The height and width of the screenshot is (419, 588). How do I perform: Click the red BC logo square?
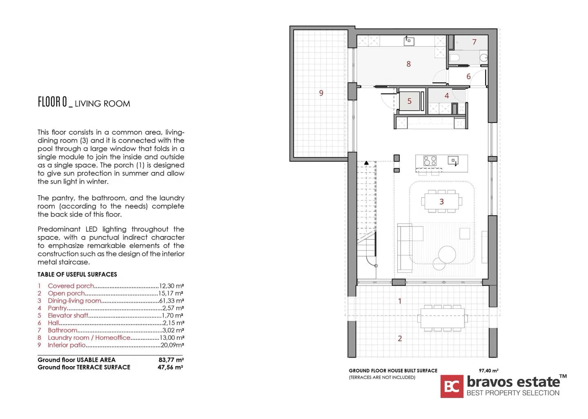tap(452, 386)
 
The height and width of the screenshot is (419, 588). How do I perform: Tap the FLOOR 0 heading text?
tap(53, 102)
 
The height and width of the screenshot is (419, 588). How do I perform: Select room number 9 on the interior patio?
tap(321, 93)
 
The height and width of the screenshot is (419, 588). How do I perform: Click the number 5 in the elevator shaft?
tap(409, 101)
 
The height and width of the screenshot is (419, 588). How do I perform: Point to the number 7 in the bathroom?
tap(474, 42)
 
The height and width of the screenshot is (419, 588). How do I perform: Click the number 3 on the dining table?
tap(441, 202)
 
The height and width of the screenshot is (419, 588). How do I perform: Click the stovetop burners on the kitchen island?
tap(430, 160)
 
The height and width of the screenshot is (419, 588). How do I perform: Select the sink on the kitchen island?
tap(453, 160)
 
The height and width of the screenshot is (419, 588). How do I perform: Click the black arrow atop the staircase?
tap(366, 163)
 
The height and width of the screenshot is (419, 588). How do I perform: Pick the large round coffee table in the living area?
tap(447, 254)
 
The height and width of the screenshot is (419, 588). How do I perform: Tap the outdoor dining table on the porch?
tap(442, 318)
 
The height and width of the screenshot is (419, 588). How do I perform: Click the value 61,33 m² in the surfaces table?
tap(171, 301)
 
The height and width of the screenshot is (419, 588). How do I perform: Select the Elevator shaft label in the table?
tap(68, 315)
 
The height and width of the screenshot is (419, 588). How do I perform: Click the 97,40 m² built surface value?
tap(488, 371)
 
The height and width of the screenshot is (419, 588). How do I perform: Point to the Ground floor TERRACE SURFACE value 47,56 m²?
tap(170, 367)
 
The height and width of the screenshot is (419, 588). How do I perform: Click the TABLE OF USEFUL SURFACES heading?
tap(77, 274)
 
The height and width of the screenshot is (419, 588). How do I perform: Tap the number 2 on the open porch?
tap(400, 339)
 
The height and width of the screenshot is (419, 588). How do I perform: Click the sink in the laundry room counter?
tap(409, 41)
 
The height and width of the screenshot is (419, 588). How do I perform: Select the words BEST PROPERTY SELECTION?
tap(513, 393)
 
